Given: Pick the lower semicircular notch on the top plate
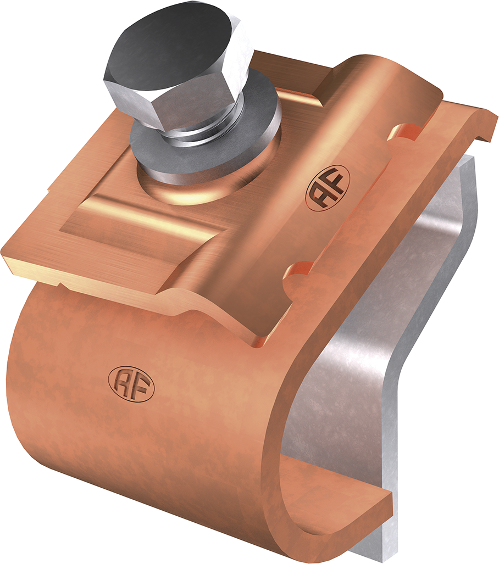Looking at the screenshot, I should click(300, 271).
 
